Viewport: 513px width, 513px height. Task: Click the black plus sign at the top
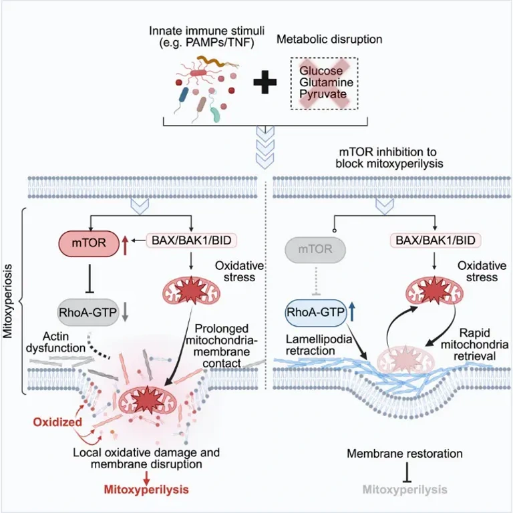click(x=266, y=83)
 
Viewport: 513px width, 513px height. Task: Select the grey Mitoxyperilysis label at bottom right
click(x=405, y=489)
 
